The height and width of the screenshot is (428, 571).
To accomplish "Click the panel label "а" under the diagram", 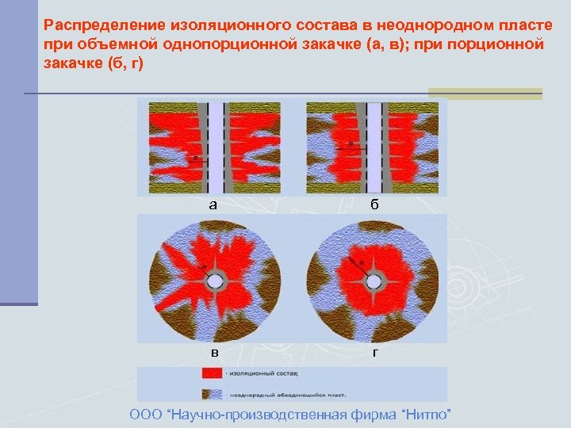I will click(x=213, y=204).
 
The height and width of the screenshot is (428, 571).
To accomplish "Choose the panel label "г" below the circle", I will click(x=374, y=352).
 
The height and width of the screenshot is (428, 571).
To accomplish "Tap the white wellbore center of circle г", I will click(x=372, y=279).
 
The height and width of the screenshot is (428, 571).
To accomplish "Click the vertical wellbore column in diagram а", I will click(x=215, y=147).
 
